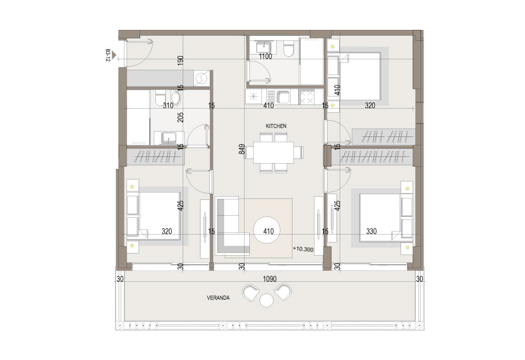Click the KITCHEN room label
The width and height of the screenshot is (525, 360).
click(x=276, y=126)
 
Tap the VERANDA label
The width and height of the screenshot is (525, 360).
click(x=218, y=298)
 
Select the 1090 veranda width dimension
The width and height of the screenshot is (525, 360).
click(x=269, y=279)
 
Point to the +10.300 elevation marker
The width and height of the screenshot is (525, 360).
click(x=303, y=249)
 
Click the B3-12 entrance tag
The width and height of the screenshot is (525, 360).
click(x=108, y=56)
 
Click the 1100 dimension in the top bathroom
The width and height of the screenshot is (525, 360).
click(x=265, y=56)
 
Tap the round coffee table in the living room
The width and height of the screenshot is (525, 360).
click(x=267, y=230)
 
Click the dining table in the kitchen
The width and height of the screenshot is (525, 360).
click(x=273, y=153)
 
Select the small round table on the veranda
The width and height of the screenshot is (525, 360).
click(x=267, y=300)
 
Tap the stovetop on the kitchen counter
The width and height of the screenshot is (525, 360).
click(x=307, y=97)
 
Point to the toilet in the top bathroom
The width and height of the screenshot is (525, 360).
click(x=288, y=48)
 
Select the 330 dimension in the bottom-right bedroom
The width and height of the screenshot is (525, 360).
click(x=371, y=231)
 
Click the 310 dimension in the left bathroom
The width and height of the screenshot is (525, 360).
click(x=168, y=105)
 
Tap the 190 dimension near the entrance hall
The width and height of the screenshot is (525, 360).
click(x=181, y=60)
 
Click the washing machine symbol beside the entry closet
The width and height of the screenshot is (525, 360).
click(x=202, y=79)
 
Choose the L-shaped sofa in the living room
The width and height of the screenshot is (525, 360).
click(x=232, y=226)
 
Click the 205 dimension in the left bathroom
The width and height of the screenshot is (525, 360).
click(x=181, y=117)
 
